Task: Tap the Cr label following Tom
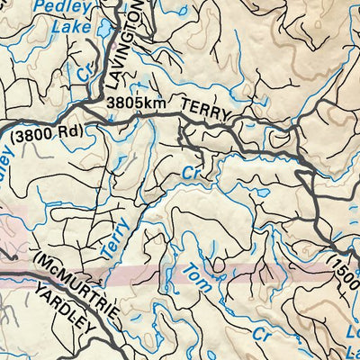click(261, 335)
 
